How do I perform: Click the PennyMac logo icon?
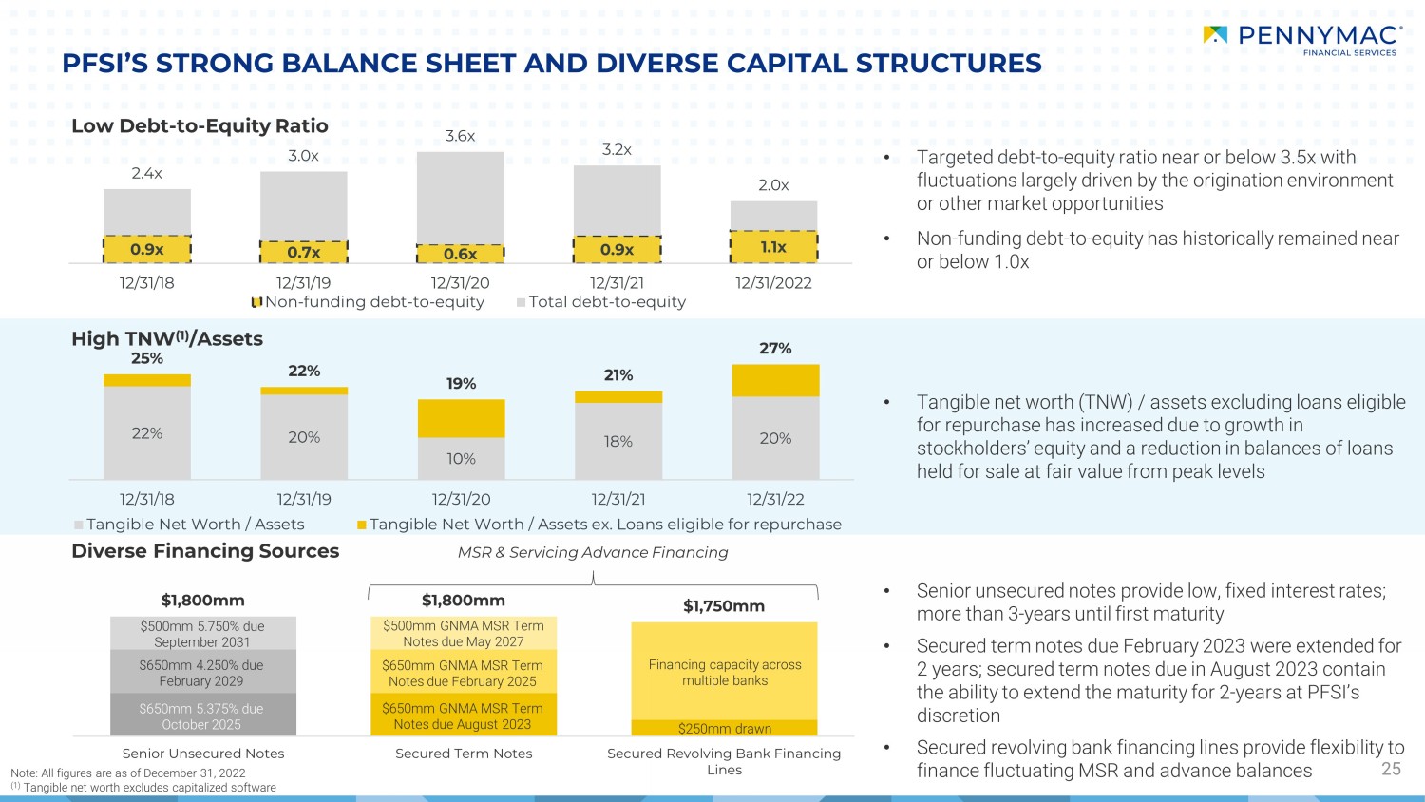(1215, 35)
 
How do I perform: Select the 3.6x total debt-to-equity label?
(460, 136)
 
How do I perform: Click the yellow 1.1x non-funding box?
(773, 247)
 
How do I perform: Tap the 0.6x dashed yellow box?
(461, 254)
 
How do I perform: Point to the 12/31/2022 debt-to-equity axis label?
(773, 282)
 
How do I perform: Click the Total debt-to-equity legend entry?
(600, 302)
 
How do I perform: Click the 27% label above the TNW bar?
(775, 349)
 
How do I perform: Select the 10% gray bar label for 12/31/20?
(461, 459)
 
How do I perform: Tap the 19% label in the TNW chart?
(461, 384)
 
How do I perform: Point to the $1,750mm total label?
(724, 606)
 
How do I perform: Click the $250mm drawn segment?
(724, 729)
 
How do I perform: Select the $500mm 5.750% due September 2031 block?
(202, 634)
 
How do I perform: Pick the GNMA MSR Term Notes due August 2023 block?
(463, 716)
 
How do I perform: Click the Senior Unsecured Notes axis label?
(203, 754)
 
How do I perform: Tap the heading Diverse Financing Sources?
(205, 551)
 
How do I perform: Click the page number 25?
(1391, 769)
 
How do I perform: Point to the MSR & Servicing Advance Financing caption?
(593, 552)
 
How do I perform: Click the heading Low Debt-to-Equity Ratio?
(199, 125)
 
